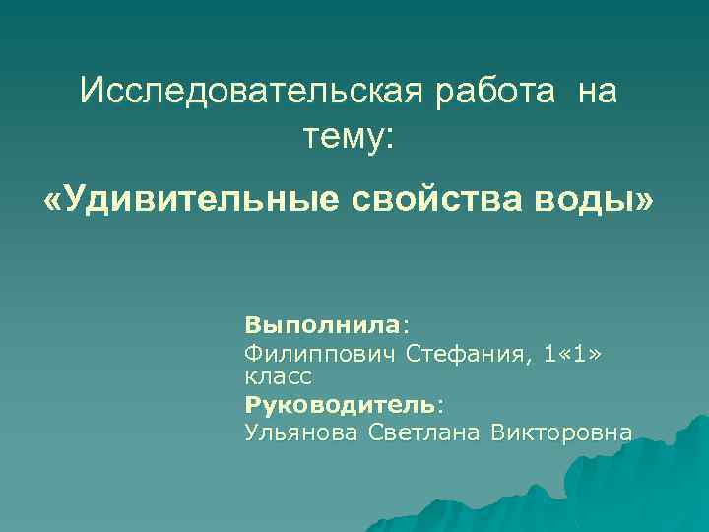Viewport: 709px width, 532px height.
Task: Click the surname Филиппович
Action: [x=319, y=354]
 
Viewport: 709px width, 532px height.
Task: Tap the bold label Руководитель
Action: [x=340, y=404]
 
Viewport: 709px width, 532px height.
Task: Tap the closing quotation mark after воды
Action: [x=644, y=201]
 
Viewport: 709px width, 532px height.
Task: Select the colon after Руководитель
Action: [x=440, y=405]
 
